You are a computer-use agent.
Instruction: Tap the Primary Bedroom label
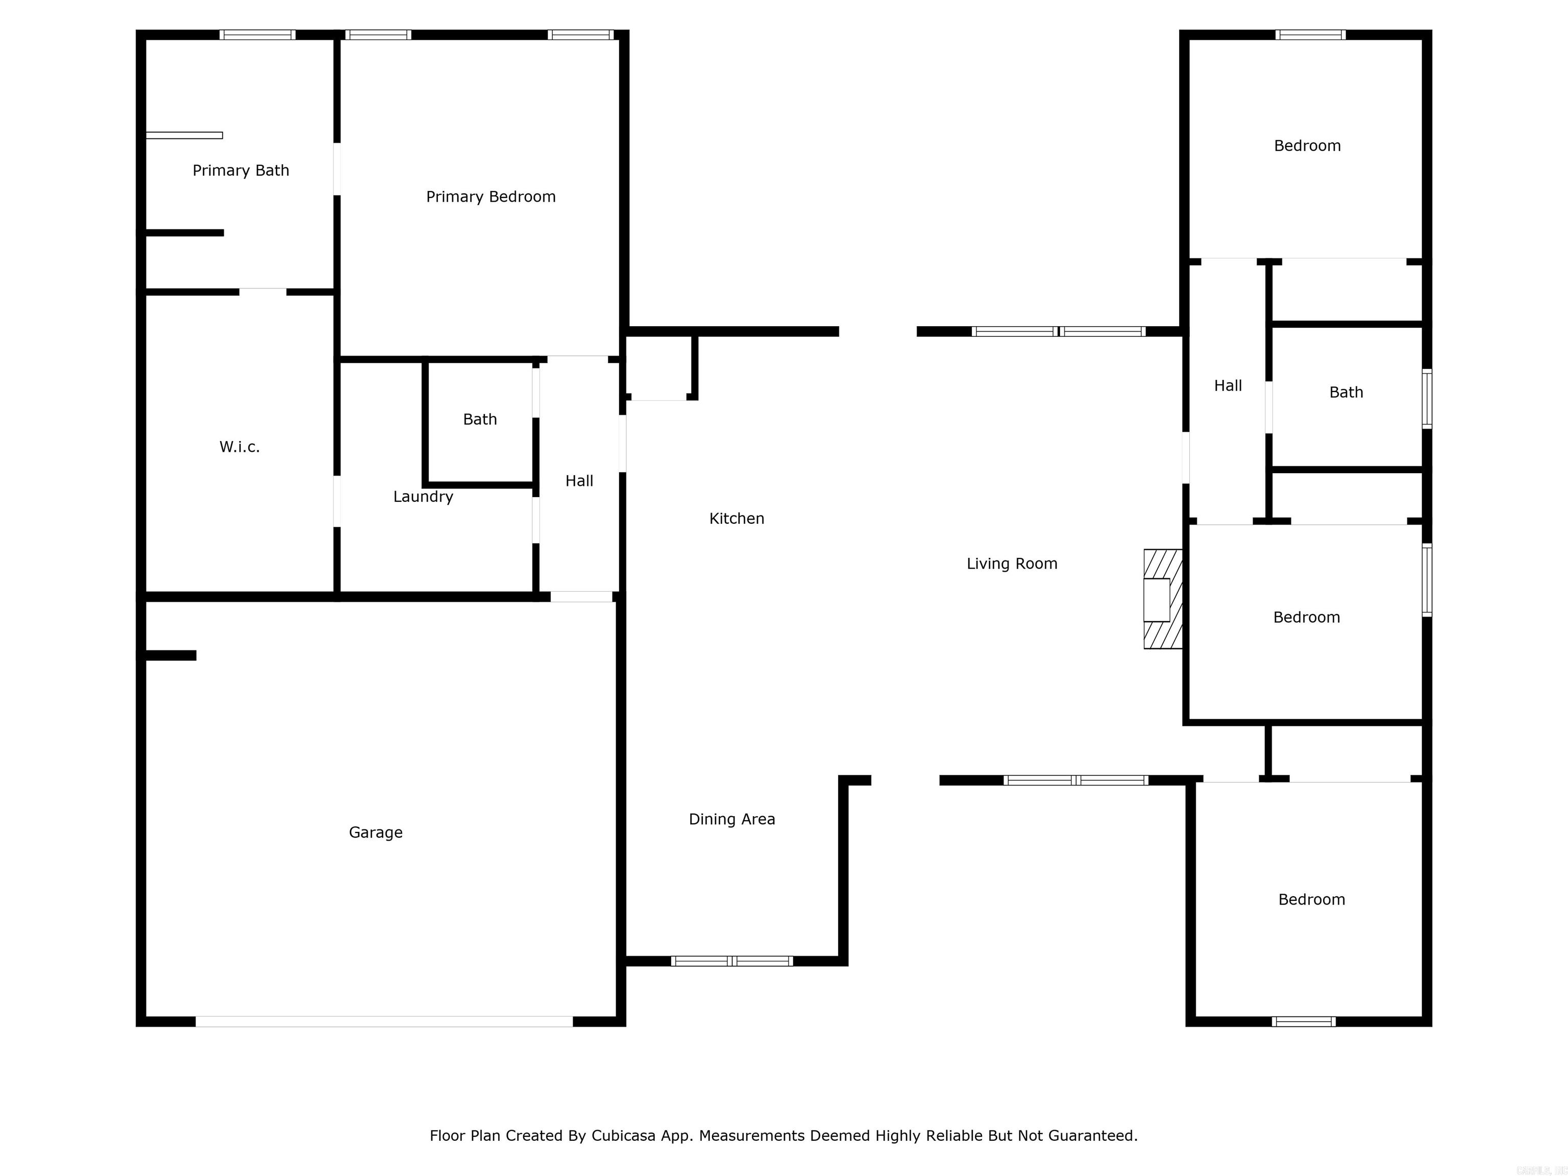coord(491,197)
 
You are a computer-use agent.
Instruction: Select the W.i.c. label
coord(239,447)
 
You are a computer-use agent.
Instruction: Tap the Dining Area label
coord(731,819)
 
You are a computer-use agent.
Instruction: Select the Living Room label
coord(1012,564)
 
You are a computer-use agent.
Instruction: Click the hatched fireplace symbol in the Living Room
coord(1163,599)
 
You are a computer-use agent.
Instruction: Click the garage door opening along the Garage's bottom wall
coord(384,1021)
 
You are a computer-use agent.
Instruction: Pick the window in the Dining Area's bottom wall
coord(731,961)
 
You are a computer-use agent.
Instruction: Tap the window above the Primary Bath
coord(257,35)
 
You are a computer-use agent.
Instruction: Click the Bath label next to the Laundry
coord(480,420)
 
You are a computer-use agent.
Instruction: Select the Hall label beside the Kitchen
coord(579,481)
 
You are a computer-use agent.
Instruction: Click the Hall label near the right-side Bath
coord(1228,386)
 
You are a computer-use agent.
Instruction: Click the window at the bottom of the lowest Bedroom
coord(1303,1021)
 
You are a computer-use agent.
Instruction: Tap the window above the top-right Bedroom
coord(1310,35)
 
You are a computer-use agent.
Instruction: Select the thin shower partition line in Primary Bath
coord(184,135)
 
